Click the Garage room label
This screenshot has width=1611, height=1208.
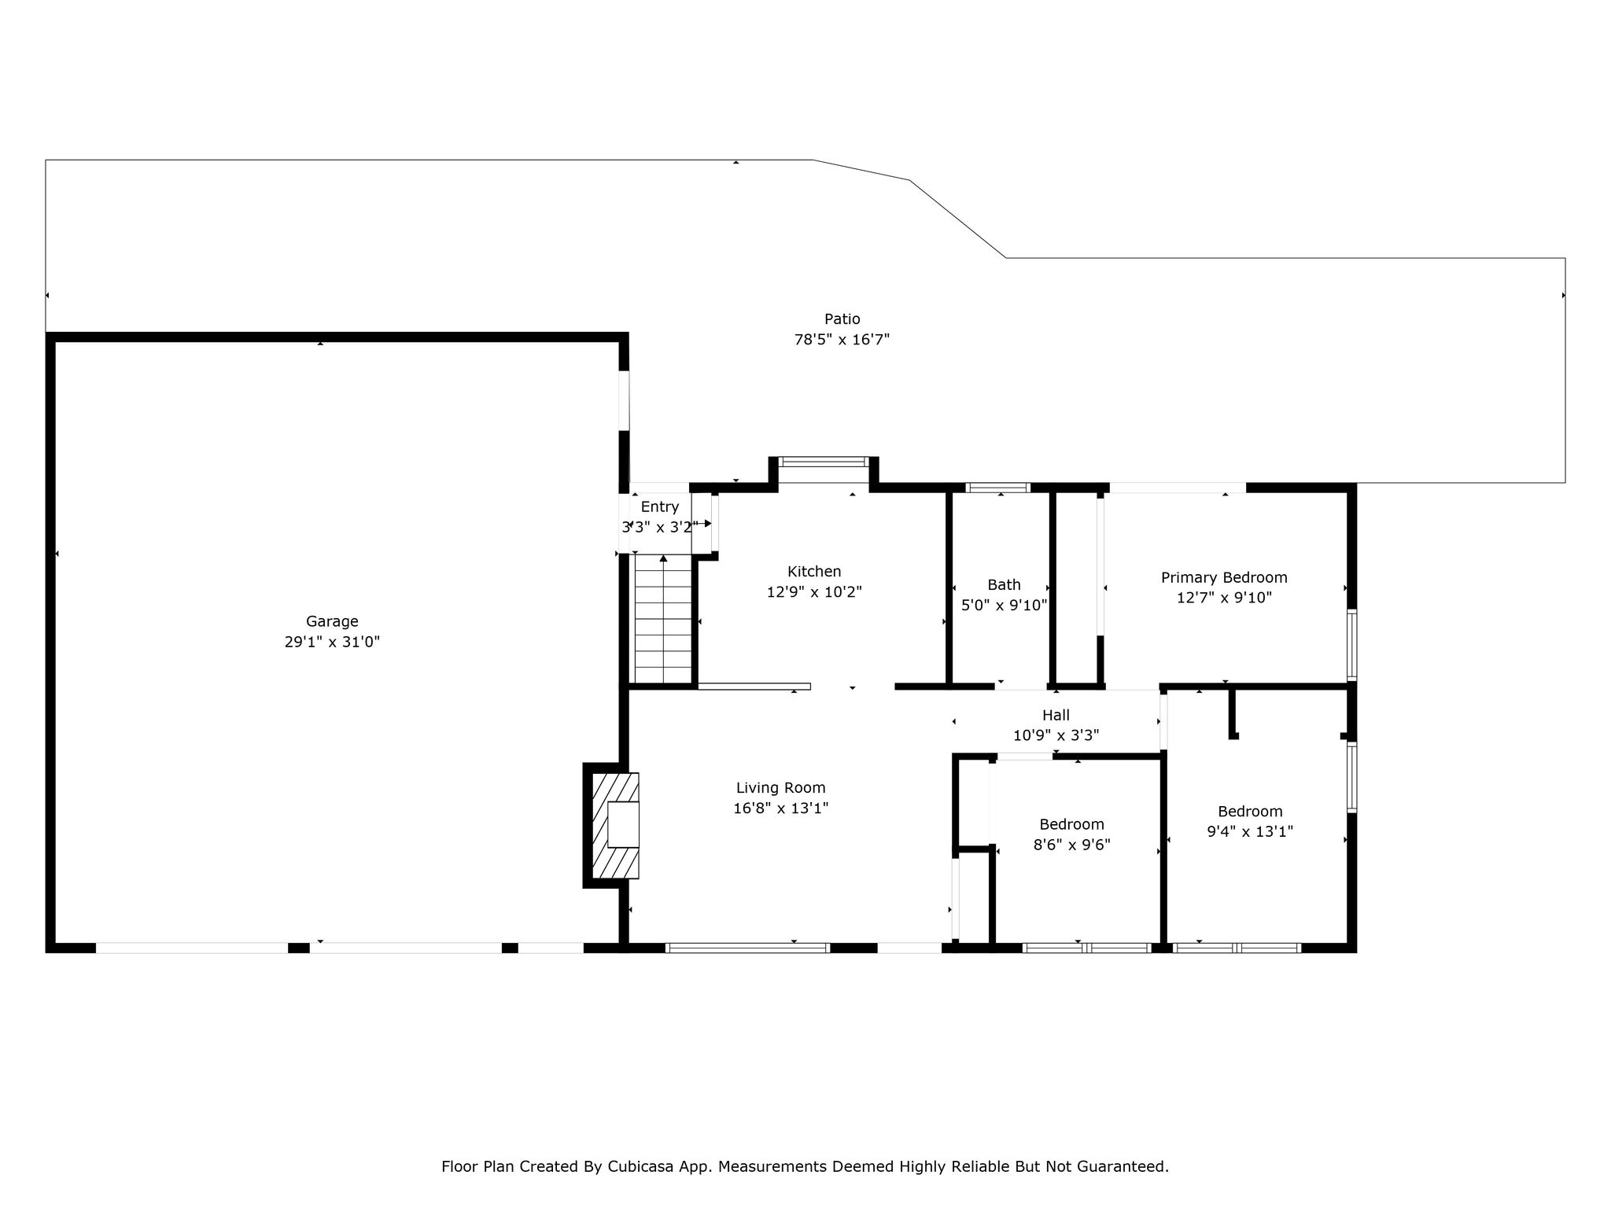332,621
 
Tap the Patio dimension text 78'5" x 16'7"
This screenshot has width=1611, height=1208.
842,340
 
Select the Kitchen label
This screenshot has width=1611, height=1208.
814,572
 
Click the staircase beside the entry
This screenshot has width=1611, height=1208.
663,619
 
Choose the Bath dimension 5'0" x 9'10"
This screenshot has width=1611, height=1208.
1005,605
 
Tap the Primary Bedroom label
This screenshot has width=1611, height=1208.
1224,578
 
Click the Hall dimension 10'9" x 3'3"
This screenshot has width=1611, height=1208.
1056,735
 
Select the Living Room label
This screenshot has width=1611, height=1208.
780,788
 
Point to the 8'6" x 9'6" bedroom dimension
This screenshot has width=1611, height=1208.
1071,845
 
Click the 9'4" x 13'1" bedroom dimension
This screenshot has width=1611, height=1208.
1250,831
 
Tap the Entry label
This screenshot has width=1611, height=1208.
659,507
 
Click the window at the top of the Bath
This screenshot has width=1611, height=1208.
997,488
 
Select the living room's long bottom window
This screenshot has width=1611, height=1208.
747,948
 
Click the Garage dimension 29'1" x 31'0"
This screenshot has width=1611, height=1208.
332,642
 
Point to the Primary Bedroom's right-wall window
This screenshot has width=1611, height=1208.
1351,644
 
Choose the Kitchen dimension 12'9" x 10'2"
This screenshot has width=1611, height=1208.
814,592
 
